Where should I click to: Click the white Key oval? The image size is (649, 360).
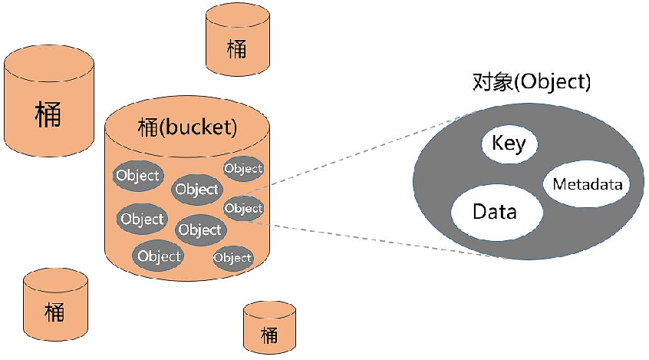pyautogui.click(x=509, y=144)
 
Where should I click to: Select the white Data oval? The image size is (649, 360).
pyautogui.click(x=494, y=211)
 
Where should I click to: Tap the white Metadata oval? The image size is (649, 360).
pyautogui.click(x=586, y=184)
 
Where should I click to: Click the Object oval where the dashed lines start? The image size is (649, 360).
pyautogui.click(x=243, y=208)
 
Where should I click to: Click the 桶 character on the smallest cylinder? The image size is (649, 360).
pyautogui.click(x=268, y=335)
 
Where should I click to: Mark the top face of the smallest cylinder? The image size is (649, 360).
pyautogui.click(x=269, y=309)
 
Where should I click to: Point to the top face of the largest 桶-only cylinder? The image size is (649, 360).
pyautogui.click(x=48, y=61)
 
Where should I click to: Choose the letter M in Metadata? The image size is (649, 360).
pyautogui.click(x=558, y=185)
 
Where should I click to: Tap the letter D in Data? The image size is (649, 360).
pyautogui.click(x=479, y=211)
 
